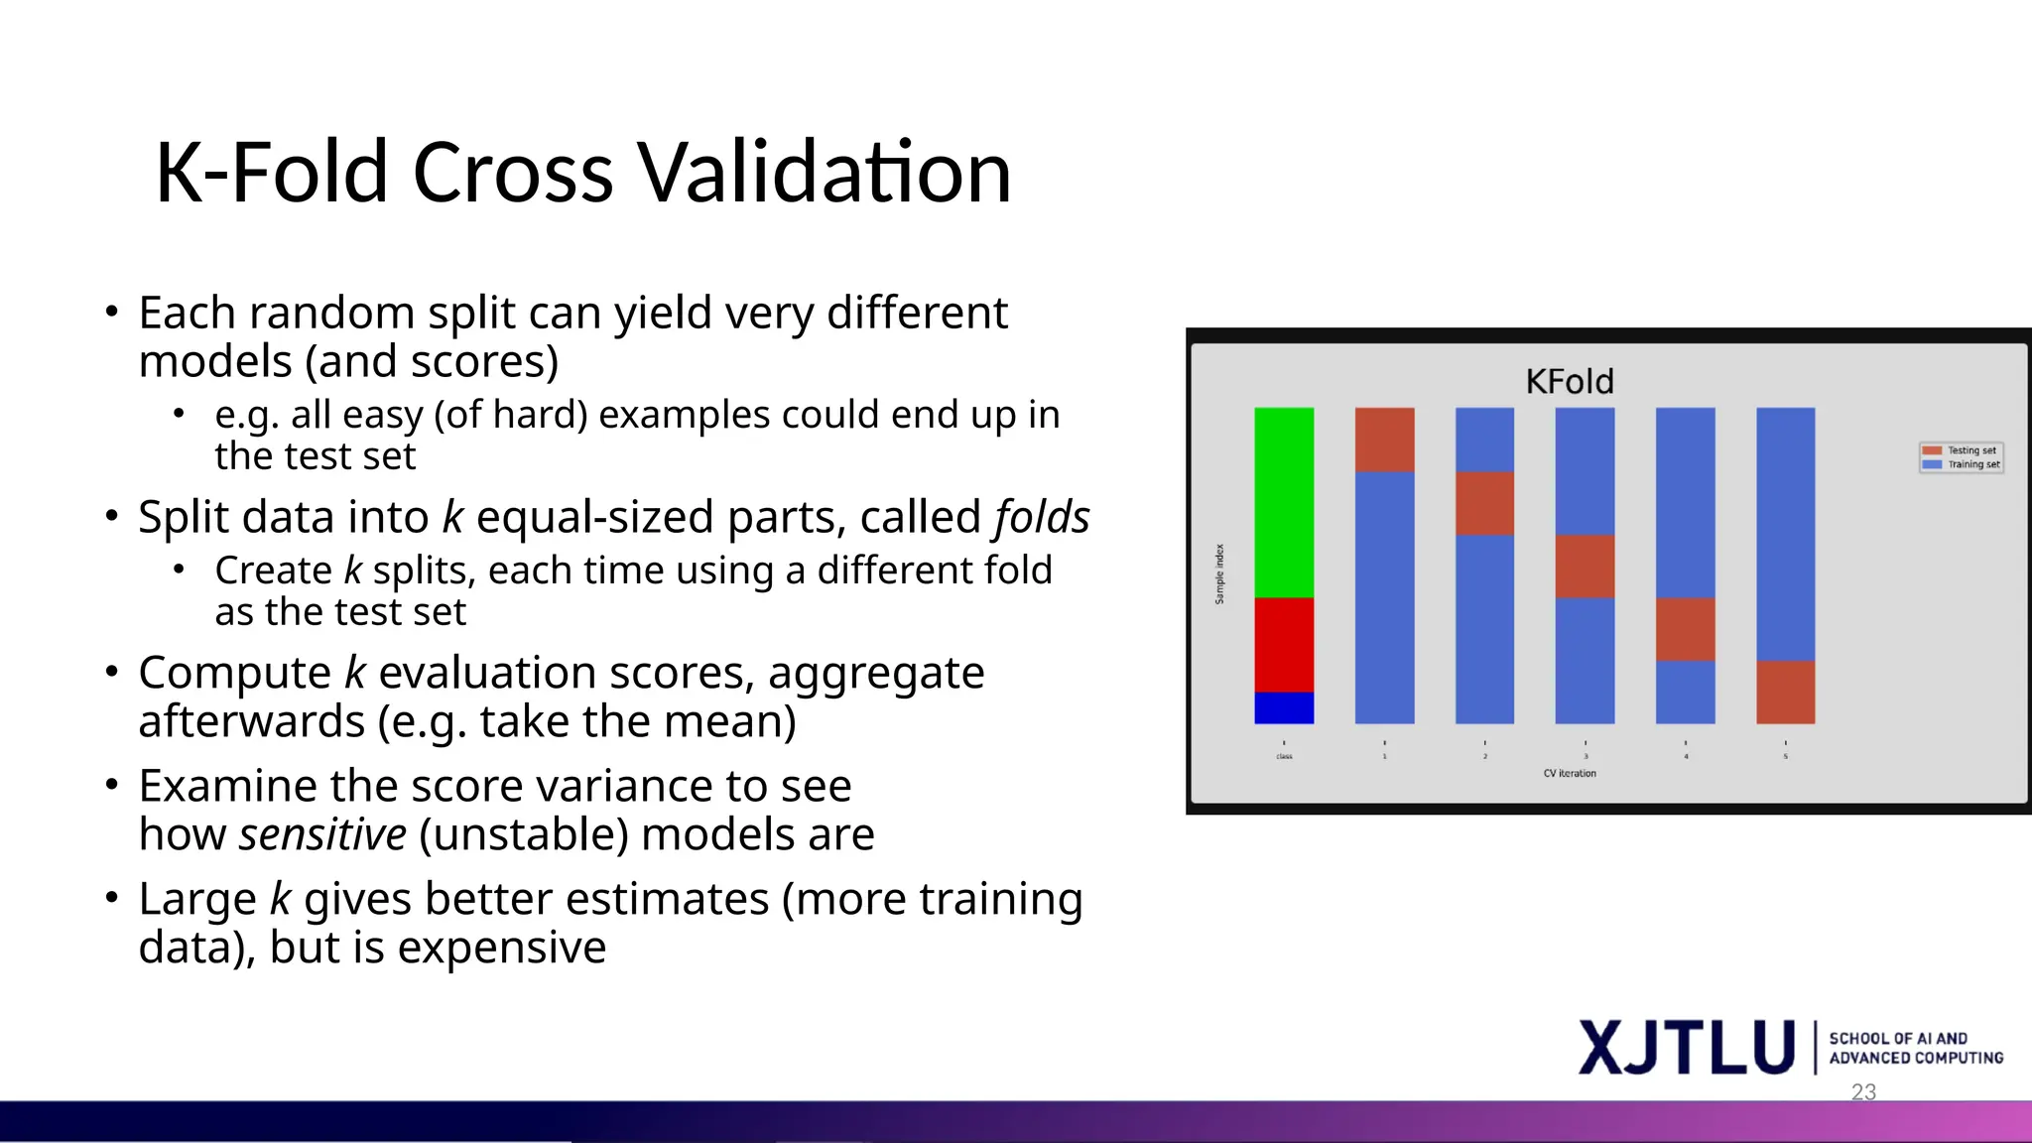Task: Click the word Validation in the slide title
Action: (x=823, y=173)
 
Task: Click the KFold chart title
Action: (x=1569, y=381)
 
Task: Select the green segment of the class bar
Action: (x=1283, y=501)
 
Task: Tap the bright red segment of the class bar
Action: (x=1283, y=644)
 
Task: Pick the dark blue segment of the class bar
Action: (x=1283, y=707)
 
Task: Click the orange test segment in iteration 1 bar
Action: (x=1384, y=440)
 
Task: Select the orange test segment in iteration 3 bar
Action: (x=1585, y=566)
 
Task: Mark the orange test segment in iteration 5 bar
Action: (x=1785, y=692)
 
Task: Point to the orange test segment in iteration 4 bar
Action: (x=1685, y=628)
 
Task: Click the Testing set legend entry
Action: (x=1962, y=450)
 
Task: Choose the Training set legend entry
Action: (x=1962, y=464)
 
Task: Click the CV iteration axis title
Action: (x=1569, y=773)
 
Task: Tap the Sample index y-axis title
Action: (x=1219, y=573)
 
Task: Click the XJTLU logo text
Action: (x=1687, y=1048)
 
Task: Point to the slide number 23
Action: (x=1863, y=1091)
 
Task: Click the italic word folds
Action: (x=1041, y=517)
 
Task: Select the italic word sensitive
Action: (x=322, y=834)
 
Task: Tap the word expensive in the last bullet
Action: (x=501, y=948)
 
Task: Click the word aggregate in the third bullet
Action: (x=875, y=674)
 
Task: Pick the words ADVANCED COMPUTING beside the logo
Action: (x=1915, y=1059)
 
